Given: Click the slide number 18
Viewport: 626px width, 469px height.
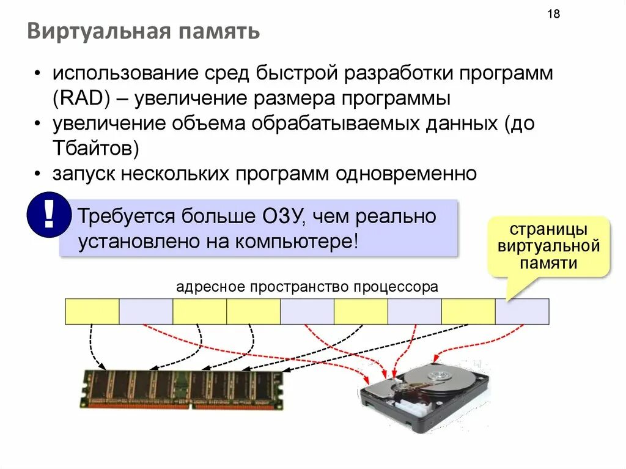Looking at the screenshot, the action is [554, 15].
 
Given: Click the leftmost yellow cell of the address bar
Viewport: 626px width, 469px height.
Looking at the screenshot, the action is [92, 311].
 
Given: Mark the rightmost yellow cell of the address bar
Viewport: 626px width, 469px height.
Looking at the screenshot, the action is [468, 311].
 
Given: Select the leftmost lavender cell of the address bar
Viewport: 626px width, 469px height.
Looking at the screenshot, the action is [146, 311].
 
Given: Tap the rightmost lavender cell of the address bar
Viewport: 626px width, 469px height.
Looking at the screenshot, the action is [522, 311].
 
